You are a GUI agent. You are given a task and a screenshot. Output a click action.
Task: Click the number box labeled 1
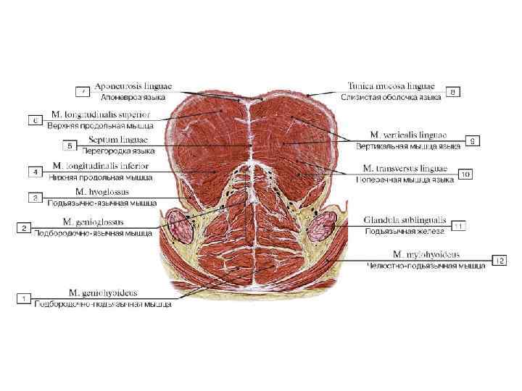point(23,298)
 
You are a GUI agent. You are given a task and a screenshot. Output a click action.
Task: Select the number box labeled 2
point(23,227)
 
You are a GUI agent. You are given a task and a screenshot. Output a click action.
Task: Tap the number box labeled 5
point(70,146)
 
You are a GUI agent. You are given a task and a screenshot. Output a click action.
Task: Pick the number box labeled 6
point(34,119)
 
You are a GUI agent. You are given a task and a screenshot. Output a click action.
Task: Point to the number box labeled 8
point(452,92)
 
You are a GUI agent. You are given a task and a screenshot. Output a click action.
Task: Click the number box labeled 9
point(472,141)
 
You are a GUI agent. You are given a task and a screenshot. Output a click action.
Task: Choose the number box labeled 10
point(465,175)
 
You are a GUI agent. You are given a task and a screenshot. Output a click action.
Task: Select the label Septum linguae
point(118,140)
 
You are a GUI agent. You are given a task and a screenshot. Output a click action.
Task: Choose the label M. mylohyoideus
point(426,254)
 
